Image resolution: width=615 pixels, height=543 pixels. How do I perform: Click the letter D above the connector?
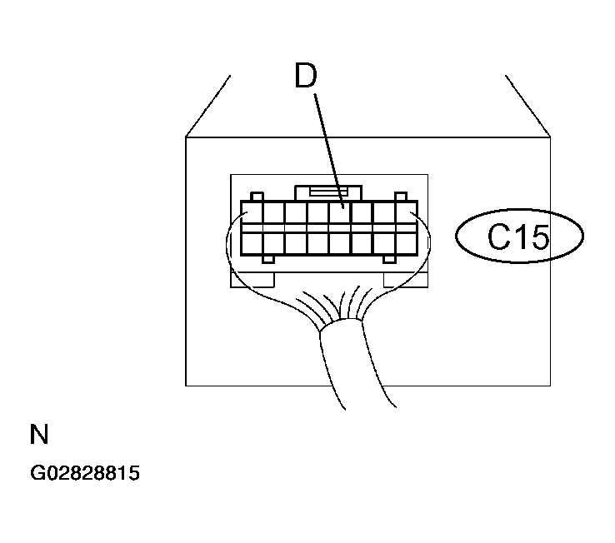pyautogui.click(x=306, y=75)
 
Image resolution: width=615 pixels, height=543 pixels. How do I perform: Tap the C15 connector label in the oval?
pyautogui.click(x=518, y=237)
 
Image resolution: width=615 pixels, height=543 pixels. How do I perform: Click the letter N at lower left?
pyautogui.click(x=39, y=434)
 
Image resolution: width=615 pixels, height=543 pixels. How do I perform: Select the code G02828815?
pyautogui.click(x=85, y=473)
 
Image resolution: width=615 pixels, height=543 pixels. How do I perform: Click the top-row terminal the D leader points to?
pyautogui.click(x=340, y=213)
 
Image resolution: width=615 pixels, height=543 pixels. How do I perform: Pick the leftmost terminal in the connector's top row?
pyautogui.click(x=252, y=213)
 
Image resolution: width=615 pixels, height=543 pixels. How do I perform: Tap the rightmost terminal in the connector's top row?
pyautogui.click(x=406, y=213)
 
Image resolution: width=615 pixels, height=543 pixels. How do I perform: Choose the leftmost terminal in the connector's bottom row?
pyautogui.click(x=252, y=243)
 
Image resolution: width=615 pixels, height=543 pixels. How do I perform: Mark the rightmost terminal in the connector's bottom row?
pyautogui.click(x=406, y=243)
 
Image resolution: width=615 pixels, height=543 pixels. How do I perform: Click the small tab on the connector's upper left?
pyautogui.click(x=257, y=197)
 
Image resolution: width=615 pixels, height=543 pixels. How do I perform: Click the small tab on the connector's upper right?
pyautogui.click(x=401, y=197)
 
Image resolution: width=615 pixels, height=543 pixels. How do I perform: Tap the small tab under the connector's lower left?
pyautogui.click(x=268, y=259)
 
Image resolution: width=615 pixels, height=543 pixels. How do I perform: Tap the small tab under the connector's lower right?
pyautogui.click(x=389, y=259)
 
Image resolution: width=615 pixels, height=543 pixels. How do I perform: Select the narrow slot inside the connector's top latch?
pyautogui.click(x=328, y=192)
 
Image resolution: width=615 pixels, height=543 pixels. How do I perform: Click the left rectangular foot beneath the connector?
pyautogui.click(x=252, y=280)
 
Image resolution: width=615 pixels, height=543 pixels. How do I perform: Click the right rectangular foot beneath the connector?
pyautogui.click(x=406, y=280)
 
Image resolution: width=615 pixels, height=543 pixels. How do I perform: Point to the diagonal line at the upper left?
pyautogui.click(x=207, y=106)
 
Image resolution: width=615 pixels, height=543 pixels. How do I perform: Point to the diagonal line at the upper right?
pyautogui.click(x=528, y=106)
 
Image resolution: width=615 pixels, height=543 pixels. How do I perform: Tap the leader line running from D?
pyautogui.click(x=328, y=151)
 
